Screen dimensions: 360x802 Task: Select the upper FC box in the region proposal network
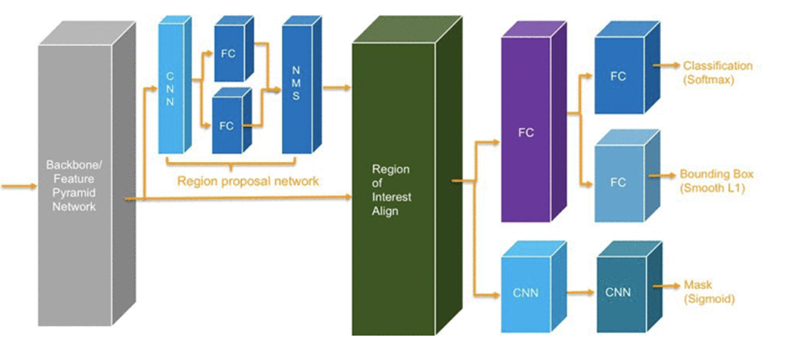coord(228,55)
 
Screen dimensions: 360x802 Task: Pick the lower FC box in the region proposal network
coord(227,126)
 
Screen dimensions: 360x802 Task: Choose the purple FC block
coord(526,133)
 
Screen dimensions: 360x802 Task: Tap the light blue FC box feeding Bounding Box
coord(618,183)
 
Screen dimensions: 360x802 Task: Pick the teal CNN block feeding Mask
coord(618,293)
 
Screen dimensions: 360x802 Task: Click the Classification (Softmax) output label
coord(717,72)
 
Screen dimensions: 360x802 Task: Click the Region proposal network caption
coord(248,181)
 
